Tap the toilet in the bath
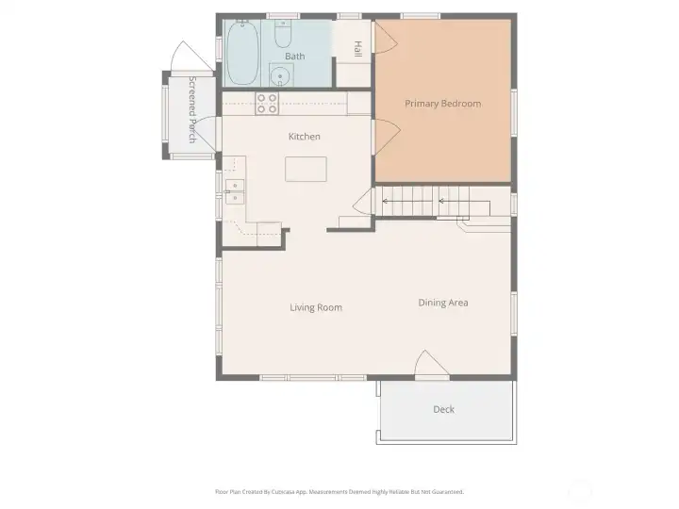pyautogui.click(x=283, y=35)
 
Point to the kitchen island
pyautogui.click(x=306, y=170)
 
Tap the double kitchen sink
pyautogui.click(x=234, y=191)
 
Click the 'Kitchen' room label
pyautogui.click(x=305, y=137)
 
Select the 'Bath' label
pyautogui.click(x=295, y=57)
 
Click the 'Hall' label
pyautogui.click(x=357, y=48)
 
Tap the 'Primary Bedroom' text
pyautogui.click(x=442, y=104)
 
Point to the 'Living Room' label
pyautogui.click(x=315, y=307)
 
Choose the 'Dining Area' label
pyautogui.click(x=443, y=303)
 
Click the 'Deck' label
pyautogui.click(x=443, y=409)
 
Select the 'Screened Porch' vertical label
pyautogui.click(x=192, y=109)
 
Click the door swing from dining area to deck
pyautogui.click(x=429, y=364)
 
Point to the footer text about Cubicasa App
pyautogui.click(x=339, y=491)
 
